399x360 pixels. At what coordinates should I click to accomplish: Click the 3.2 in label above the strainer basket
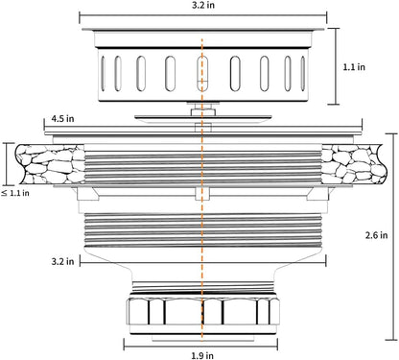(203, 6)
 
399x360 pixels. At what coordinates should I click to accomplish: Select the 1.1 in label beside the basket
(354, 67)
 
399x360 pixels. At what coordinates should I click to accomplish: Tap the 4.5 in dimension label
(62, 118)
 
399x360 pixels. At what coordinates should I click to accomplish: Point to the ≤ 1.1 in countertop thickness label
(15, 193)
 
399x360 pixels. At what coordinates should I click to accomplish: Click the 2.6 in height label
(376, 235)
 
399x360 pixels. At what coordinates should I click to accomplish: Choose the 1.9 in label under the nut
(202, 355)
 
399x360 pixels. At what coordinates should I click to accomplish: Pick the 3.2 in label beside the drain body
(62, 261)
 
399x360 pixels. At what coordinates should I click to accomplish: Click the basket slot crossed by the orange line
(202, 73)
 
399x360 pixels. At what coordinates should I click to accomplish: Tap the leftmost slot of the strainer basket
(103, 73)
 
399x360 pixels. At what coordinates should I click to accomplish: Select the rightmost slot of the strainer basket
(302, 73)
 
